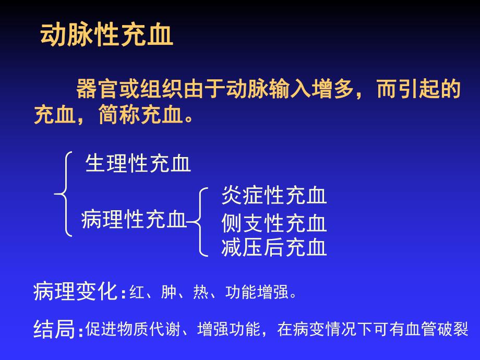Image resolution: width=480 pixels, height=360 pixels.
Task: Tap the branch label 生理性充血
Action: point(138,164)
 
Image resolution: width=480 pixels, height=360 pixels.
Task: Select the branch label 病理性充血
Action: point(134,220)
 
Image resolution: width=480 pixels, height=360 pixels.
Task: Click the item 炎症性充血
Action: point(274,196)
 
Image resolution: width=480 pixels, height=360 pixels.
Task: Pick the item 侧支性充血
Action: point(274,223)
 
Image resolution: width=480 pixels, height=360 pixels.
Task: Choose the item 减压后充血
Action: point(274,247)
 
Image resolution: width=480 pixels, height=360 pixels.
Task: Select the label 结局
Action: point(54,329)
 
